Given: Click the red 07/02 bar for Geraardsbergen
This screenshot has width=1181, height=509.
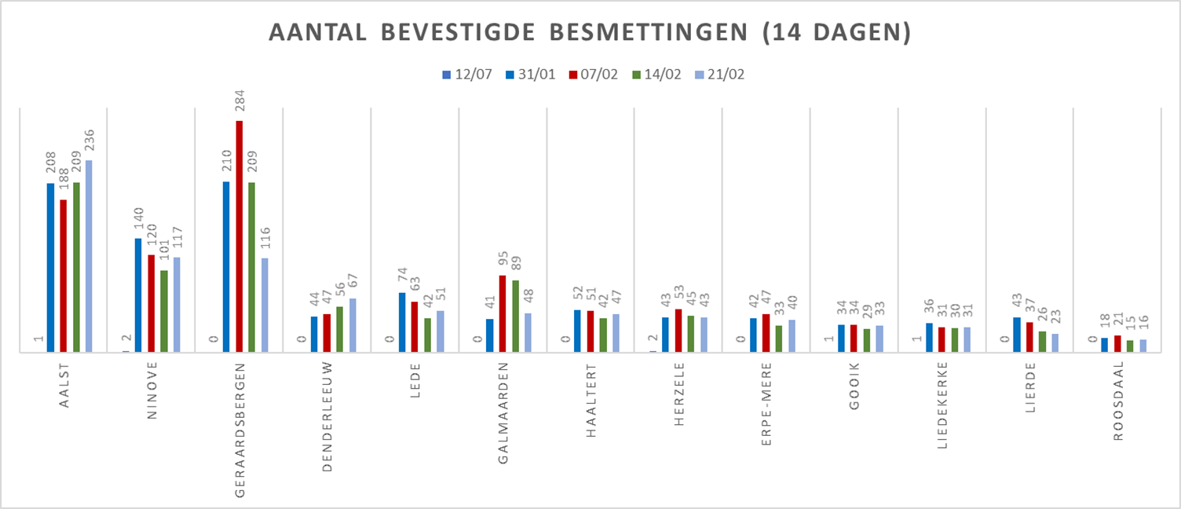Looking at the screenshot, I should (239, 236).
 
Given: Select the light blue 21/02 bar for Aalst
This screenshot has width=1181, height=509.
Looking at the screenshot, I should (89, 256).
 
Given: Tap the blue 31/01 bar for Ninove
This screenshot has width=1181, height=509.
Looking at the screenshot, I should (138, 295).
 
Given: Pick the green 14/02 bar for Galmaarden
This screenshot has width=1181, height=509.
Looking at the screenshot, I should (515, 317).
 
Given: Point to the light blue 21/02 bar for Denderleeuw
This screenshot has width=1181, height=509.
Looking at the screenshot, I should (353, 325).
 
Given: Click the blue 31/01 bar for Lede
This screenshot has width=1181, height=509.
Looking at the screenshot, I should (402, 323).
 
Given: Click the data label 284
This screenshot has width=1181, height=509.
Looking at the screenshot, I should (239, 103).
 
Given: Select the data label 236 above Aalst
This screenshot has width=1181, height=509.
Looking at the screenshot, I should (89, 142).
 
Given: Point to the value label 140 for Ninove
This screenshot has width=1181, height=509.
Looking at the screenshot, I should (138, 221).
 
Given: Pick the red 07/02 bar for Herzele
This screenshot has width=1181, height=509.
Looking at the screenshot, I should (678, 331).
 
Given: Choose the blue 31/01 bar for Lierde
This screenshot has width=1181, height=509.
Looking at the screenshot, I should (1017, 335).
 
